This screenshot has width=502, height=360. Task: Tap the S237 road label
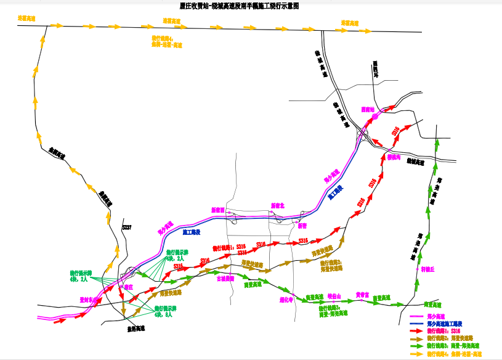(x=126, y=227)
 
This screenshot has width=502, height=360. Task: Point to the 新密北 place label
(x=278, y=205)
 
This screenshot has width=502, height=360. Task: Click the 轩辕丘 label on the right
(x=427, y=269)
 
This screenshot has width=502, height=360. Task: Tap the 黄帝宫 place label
(x=362, y=295)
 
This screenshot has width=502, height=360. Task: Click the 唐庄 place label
(x=128, y=287)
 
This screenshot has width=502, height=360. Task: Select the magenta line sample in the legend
(x=417, y=316)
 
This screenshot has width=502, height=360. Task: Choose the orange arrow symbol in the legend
(x=417, y=354)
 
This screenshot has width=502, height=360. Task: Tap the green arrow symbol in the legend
(x=417, y=346)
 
